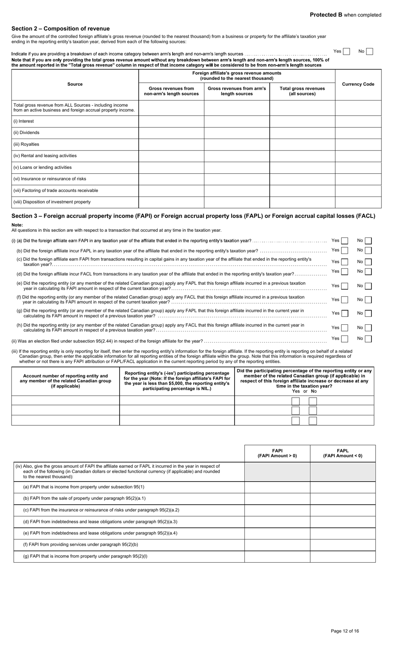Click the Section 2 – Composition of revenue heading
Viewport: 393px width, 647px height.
(x=60, y=29)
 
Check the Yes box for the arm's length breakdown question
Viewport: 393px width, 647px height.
(x=346, y=52)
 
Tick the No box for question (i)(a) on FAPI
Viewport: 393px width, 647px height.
(x=368, y=241)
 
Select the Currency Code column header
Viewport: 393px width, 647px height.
(x=358, y=84)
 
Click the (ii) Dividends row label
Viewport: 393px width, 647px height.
(x=26, y=133)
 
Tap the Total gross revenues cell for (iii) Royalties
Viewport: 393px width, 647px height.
(x=302, y=144)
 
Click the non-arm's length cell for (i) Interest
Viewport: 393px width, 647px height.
(x=171, y=121)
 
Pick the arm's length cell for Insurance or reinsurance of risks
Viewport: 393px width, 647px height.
(x=237, y=179)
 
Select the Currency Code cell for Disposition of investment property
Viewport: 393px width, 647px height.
(x=358, y=202)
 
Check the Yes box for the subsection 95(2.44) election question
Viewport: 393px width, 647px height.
(x=344, y=339)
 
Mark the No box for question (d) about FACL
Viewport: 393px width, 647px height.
(x=368, y=272)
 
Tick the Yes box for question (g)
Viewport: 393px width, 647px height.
(x=344, y=314)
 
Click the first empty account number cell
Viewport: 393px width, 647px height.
(x=65, y=400)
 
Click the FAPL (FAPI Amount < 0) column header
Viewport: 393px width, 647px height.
(x=343, y=453)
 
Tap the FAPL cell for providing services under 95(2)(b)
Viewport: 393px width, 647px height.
(x=343, y=545)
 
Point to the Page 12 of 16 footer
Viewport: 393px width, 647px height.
(x=345, y=631)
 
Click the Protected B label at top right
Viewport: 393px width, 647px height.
(x=345, y=15)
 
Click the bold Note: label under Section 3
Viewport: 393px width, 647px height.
(x=17, y=225)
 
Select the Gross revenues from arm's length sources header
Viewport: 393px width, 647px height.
(x=237, y=91)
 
